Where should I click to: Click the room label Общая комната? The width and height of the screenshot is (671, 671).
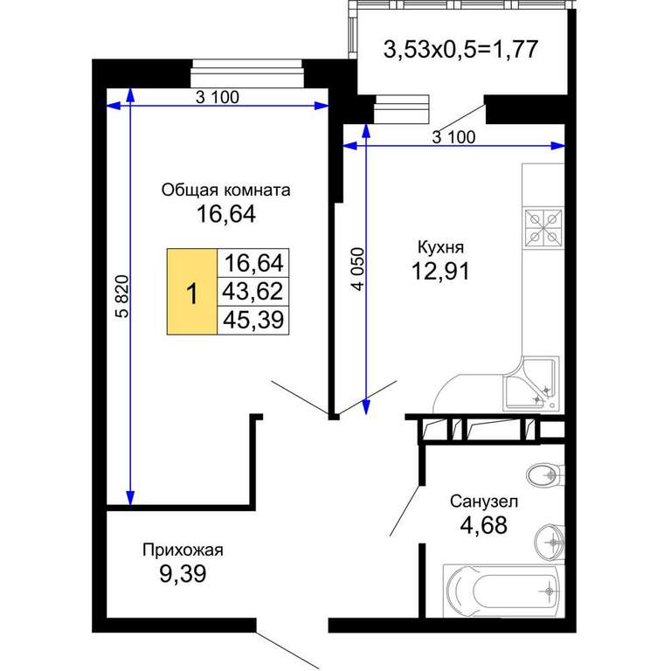click(225, 190)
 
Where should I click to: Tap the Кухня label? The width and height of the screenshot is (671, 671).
click(440, 247)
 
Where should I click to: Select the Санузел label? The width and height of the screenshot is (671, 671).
click(483, 502)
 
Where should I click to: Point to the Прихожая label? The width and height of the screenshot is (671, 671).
click(183, 550)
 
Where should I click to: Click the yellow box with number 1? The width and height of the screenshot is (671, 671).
click(192, 292)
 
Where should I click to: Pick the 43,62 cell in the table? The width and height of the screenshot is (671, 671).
click(252, 292)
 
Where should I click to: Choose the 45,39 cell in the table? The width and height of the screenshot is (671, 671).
click(252, 320)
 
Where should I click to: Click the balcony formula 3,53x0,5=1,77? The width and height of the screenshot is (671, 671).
click(460, 49)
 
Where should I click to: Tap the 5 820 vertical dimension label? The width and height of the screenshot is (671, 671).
click(122, 296)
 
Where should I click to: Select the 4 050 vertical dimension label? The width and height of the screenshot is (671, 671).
click(358, 269)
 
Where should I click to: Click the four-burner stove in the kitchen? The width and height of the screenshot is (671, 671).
click(543, 228)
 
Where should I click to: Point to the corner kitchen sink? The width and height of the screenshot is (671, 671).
click(531, 384)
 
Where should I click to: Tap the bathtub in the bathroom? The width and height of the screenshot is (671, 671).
click(503, 591)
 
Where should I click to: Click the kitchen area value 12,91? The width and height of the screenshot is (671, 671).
click(440, 271)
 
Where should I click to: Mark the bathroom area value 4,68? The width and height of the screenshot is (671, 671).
click(483, 524)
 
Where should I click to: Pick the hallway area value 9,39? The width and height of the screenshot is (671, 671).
click(183, 573)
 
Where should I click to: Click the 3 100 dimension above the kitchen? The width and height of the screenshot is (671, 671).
click(453, 137)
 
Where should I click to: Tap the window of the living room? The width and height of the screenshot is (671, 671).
click(247, 73)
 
